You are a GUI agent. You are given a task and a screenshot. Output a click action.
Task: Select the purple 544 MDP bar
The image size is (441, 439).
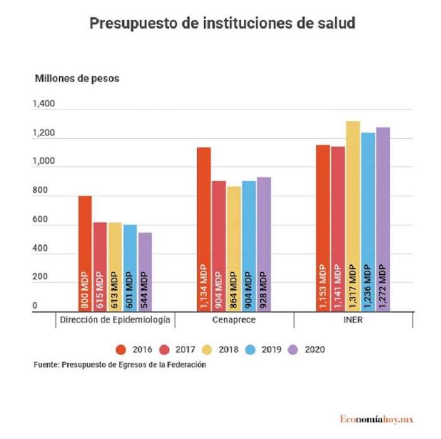(x=145, y=271)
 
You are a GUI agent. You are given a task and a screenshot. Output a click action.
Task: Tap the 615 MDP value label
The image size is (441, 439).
(x=100, y=290)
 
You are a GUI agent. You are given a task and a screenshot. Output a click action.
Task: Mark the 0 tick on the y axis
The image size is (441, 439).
(x=35, y=307)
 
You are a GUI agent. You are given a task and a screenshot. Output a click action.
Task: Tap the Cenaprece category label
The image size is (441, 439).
(x=234, y=320)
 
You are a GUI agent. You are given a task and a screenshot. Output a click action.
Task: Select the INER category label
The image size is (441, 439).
(x=353, y=320)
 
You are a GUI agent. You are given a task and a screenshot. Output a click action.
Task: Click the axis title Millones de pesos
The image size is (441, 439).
(x=76, y=79)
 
